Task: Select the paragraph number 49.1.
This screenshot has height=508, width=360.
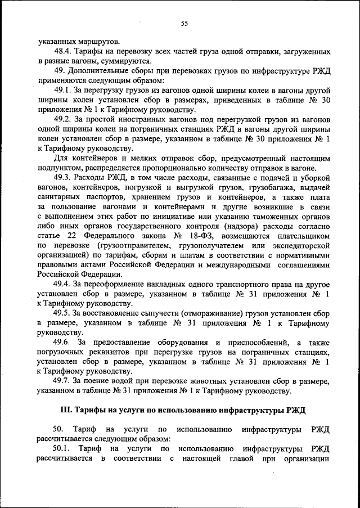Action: [x=63, y=90]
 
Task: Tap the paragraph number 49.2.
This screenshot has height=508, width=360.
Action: [x=63, y=120]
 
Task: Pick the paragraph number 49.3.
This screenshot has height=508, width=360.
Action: [x=63, y=179]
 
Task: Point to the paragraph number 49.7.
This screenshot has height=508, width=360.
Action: [x=63, y=380]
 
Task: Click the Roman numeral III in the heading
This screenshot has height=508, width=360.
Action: [x=66, y=410]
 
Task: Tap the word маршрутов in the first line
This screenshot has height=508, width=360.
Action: [x=98, y=42]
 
